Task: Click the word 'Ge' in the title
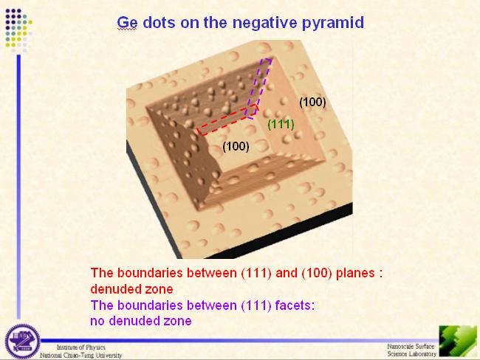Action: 127,23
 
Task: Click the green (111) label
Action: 281,125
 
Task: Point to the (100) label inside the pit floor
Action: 236,147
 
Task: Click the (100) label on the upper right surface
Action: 312,102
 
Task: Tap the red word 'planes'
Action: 355,273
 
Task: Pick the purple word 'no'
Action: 97,321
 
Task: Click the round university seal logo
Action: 22,342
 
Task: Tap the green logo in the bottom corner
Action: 458,341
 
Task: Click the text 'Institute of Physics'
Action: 81,347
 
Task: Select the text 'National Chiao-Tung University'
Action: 80,355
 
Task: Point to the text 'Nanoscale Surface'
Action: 411,347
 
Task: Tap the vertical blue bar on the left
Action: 18,187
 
